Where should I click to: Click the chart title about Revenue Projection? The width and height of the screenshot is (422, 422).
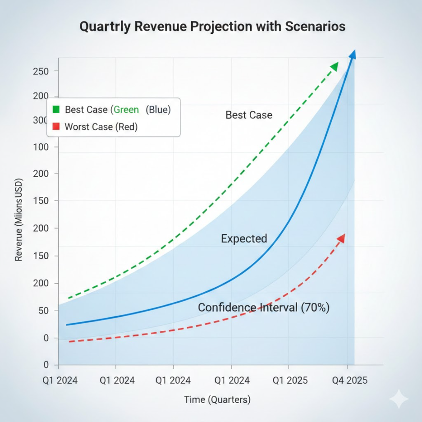pos(212,26)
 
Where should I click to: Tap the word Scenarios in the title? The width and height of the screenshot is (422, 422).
pos(315,26)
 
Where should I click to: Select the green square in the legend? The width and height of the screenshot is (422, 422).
pos(56,110)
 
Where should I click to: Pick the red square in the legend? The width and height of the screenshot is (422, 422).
pos(56,127)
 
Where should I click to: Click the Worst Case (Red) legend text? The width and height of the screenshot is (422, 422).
pos(101,127)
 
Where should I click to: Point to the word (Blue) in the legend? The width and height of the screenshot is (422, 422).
pos(158,110)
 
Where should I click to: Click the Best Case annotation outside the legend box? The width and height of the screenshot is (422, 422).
pos(249,115)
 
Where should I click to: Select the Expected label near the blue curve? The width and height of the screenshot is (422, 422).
pos(244,239)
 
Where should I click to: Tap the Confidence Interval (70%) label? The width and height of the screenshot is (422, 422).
pos(264,308)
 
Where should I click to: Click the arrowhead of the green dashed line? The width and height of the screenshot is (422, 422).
pos(335,67)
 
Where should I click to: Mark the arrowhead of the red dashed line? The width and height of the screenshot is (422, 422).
pos(341,238)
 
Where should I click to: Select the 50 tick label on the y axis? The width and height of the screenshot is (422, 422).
pos(43,311)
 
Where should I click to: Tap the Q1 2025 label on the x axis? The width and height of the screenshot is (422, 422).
pos(290,381)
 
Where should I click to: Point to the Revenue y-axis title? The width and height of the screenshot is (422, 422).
pos(18,221)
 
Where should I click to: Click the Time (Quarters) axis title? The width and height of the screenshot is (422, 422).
pos(217,399)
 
